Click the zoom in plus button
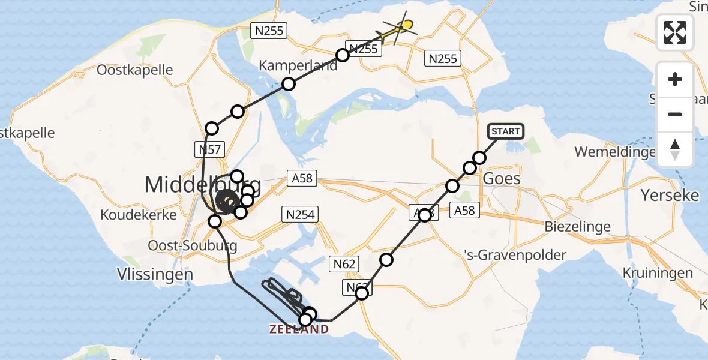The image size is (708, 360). [675, 80]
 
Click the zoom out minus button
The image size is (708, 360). [675, 114]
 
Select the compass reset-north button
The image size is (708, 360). [675, 149]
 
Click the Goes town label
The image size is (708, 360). [501, 179]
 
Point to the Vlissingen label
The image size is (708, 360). [155, 274]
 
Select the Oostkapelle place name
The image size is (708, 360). [135, 70]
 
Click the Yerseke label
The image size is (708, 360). [670, 196]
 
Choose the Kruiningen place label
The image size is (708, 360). [658, 273]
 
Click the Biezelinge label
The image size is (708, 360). [578, 227]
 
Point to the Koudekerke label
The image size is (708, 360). [139, 214]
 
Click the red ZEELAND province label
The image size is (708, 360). [299, 329]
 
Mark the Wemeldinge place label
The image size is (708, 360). [615, 152]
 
